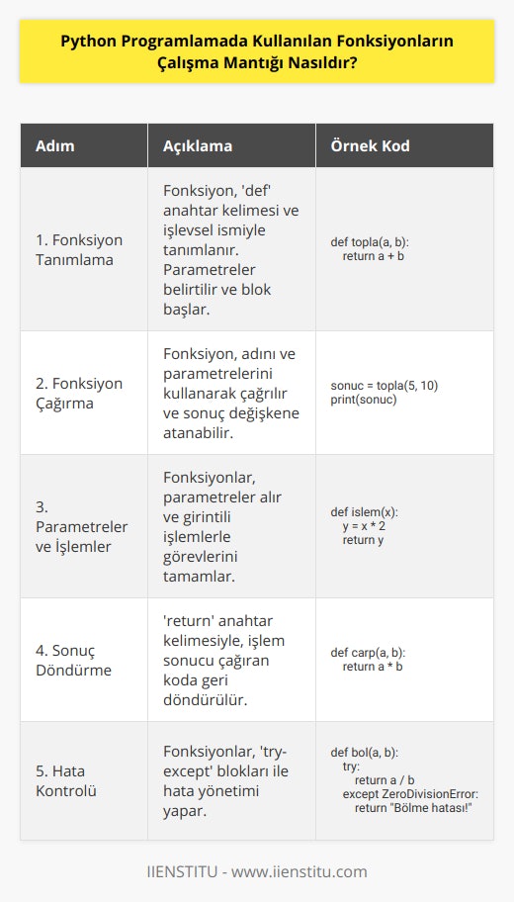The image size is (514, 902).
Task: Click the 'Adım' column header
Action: (55, 145)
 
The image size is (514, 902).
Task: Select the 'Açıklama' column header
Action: (197, 145)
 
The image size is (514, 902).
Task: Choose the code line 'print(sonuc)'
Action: (364, 399)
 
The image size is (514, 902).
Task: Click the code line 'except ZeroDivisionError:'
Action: (409, 794)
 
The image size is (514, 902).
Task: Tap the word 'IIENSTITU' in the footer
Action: (181, 871)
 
